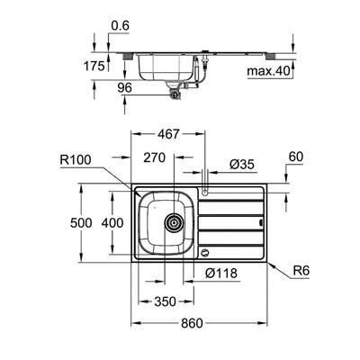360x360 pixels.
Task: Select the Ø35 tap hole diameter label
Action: click(x=241, y=165)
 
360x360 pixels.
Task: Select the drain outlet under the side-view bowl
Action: click(x=172, y=89)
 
